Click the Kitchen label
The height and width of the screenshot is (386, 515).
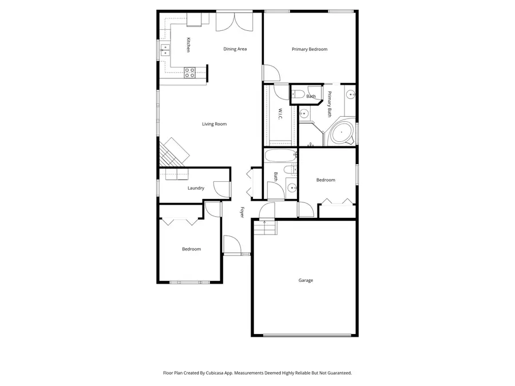[x=188, y=45]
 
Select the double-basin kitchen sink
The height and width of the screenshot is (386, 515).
[x=165, y=50]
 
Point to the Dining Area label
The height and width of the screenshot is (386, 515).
[x=235, y=49]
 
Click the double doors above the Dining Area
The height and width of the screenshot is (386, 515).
[x=233, y=22]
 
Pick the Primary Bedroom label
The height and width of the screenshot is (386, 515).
[x=310, y=49]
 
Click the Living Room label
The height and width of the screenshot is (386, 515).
[x=215, y=124]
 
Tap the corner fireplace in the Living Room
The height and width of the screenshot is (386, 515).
[x=174, y=152]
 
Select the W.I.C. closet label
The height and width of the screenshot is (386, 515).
[x=280, y=114]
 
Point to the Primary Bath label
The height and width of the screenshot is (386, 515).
[x=330, y=104]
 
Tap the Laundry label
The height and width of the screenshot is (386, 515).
[x=196, y=188]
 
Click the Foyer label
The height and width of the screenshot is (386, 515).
[x=242, y=212]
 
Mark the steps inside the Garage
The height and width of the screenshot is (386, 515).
[x=266, y=228]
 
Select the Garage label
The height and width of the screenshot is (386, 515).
[x=306, y=280]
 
